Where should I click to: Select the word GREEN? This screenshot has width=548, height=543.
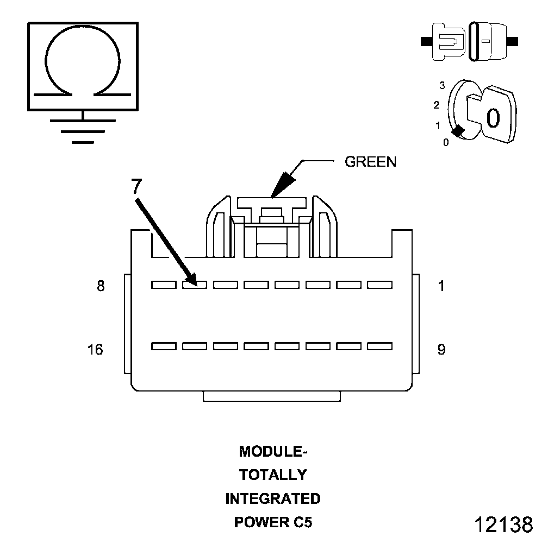pyautogui.click(x=371, y=162)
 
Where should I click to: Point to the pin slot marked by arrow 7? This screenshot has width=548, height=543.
pyautogui.click(x=195, y=284)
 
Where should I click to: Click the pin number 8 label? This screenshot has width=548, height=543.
pyautogui.click(x=101, y=286)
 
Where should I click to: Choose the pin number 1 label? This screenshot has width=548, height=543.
pyautogui.click(x=441, y=286)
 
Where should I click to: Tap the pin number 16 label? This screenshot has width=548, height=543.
pyautogui.click(x=95, y=350)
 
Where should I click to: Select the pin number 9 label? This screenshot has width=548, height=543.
pyautogui.click(x=441, y=350)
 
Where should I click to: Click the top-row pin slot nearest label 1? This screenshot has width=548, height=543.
pyautogui.click(x=380, y=284)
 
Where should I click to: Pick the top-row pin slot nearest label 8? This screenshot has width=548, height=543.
pyautogui.click(x=164, y=284)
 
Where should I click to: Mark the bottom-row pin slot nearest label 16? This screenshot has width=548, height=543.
pyautogui.click(x=164, y=346)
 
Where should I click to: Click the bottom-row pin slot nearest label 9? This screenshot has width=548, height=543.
pyautogui.click(x=380, y=346)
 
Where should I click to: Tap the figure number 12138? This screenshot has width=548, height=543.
pyautogui.click(x=503, y=525)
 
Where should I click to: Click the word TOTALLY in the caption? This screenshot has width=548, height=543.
pyautogui.click(x=273, y=475)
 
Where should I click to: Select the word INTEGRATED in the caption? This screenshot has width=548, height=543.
pyautogui.click(x=273, y=498)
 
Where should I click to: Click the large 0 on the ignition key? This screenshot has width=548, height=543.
pyautogui.click(x=493, y=117)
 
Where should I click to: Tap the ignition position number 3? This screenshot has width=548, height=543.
pyautogui.click(x=443, y=85)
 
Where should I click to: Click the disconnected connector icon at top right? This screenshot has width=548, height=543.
pyautogui.click(x=470, y=41)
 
